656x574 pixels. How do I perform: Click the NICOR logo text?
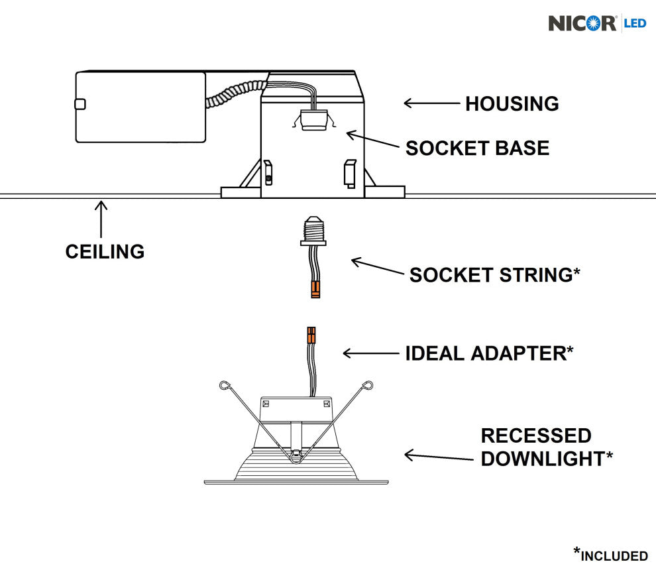point(582,23)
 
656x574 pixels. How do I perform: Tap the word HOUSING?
point(512,104)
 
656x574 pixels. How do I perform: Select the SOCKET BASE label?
point(477,148)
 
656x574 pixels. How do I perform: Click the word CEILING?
point(105,252)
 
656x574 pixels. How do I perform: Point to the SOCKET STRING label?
point(494,275)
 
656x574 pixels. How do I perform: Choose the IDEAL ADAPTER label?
point(489,353)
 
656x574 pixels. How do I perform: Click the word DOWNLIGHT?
point(542,459)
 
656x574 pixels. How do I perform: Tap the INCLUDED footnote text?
point(614,555)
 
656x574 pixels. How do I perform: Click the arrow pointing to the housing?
point(431,103)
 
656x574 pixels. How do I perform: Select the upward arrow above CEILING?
point(101,219)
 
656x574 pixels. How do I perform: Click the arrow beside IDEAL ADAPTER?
point(368,353)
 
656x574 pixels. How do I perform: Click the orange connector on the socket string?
point(315,288)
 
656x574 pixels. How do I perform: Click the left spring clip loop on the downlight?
point(225,384)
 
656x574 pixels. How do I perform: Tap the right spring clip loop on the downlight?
point(368,385)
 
